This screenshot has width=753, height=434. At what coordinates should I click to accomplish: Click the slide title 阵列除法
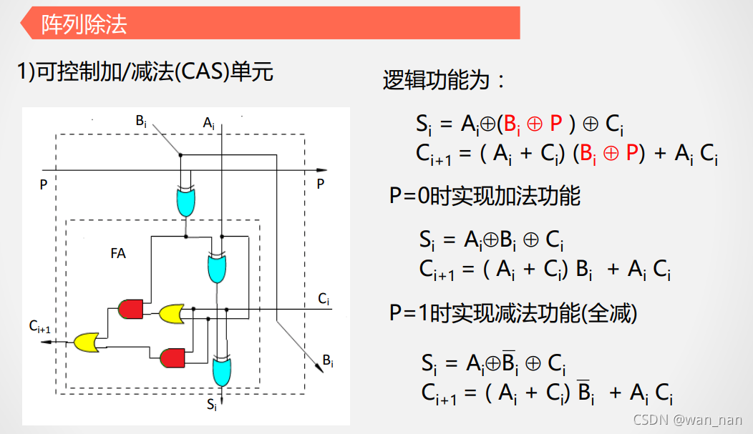tap(84, 24)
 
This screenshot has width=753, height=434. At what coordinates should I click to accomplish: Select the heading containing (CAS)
tap(145, 71)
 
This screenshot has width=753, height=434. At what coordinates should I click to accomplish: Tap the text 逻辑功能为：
tap(444, 80)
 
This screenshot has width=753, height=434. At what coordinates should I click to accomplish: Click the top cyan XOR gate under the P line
tap(185, 201)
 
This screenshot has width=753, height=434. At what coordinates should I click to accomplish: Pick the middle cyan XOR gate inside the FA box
tap(217, 267)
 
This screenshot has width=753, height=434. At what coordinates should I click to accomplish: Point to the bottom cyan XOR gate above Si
tap(223, 370)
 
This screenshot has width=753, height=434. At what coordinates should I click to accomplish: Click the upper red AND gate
tap(130, 309)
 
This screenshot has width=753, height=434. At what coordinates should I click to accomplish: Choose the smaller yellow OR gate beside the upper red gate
tap(170, 312)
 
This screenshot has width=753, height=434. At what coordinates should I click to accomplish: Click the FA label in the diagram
tap(119, 253)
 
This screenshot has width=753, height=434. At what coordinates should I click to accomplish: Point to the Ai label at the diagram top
tap(208, 123)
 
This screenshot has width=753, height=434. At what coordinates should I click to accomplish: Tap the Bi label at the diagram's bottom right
tap(327, 360)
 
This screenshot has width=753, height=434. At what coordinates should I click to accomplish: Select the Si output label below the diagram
tap(212, 405)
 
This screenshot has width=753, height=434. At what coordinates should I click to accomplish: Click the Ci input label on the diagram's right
tap(324, 298)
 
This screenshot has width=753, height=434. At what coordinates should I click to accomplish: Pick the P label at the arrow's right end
tap(321, 184)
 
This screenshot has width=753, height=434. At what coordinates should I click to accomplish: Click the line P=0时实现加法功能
tap(485, 195)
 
